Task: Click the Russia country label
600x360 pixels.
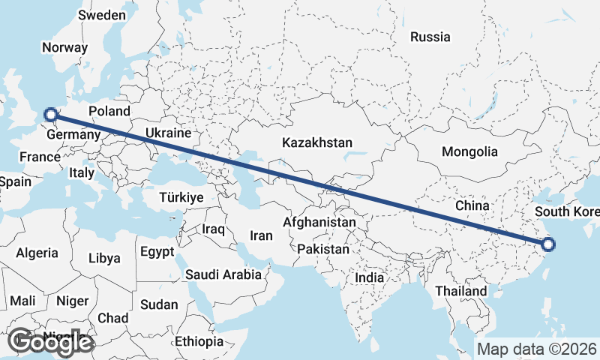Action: [430, 36]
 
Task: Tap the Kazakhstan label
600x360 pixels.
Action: [317, 142]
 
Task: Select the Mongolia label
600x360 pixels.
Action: [469, 151]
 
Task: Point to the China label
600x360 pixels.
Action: [472, 205]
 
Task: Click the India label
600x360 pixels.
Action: [369, 277]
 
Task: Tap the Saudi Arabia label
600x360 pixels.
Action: [223, 274]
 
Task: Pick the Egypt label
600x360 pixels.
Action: [157, 251]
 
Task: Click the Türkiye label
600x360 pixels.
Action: [181, 197]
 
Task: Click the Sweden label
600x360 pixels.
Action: [102, 15]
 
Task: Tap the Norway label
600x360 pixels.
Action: [64, 47]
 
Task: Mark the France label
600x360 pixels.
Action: [40, 157]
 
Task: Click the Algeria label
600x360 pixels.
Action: [37, 253]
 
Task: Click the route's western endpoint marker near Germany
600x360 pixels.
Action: [51, 115]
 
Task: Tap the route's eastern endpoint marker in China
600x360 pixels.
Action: [548, 244]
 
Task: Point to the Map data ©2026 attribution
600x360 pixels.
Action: [537, 349]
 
